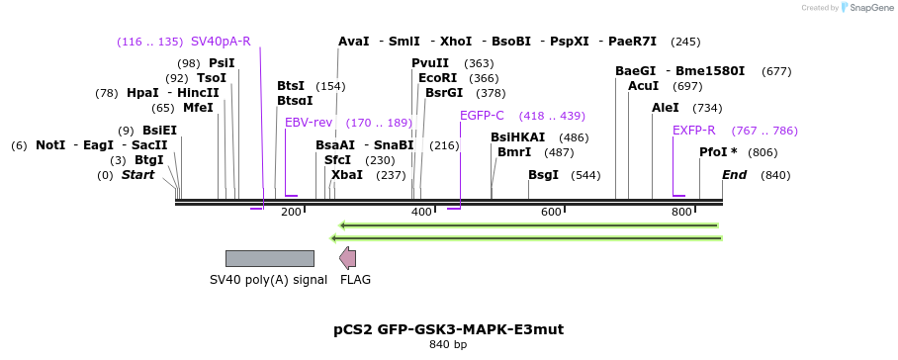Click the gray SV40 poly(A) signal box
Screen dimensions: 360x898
pyautogui.click(x=269, y=258)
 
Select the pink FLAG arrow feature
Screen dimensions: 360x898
pyautogui.click(x=348, y=258)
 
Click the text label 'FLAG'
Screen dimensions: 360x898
pyautogui.click(x=355, y=280)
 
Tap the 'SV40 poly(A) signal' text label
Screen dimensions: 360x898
pyautogui.click(x=268, y=280)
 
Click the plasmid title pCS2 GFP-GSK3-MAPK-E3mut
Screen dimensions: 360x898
pyautogui.click(x=448, y=328)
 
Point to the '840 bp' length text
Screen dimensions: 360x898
pyautogui.click(x=448, y=345)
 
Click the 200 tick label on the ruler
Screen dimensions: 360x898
pyautogui.click(x=291, y=213)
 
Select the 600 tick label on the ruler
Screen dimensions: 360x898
pyautogui.click(x=551, y=213)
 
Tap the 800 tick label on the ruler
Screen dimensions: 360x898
pyautogui.click(x=681, y=213)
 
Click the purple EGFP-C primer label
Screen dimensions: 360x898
pyautogui.click(x=482, y=116)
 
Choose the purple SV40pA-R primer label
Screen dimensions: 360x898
pyautogui.click(x=221, y=42)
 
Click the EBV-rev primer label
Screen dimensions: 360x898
pyautogui.click(x=309, y=123)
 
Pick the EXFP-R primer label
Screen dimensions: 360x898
pyautogui.click(x=693, y=131)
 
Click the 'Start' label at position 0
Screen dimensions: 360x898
pyautogui.click(x=138, y=175)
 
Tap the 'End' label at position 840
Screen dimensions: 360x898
pyautogui.click(x=734, y=175)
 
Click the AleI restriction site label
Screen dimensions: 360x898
pyautogui.click(x=666, y=108)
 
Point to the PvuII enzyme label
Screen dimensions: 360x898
pyautogui.click(x=430, y=63)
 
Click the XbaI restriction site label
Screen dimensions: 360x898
pyautogui.click(x=347, y=175)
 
